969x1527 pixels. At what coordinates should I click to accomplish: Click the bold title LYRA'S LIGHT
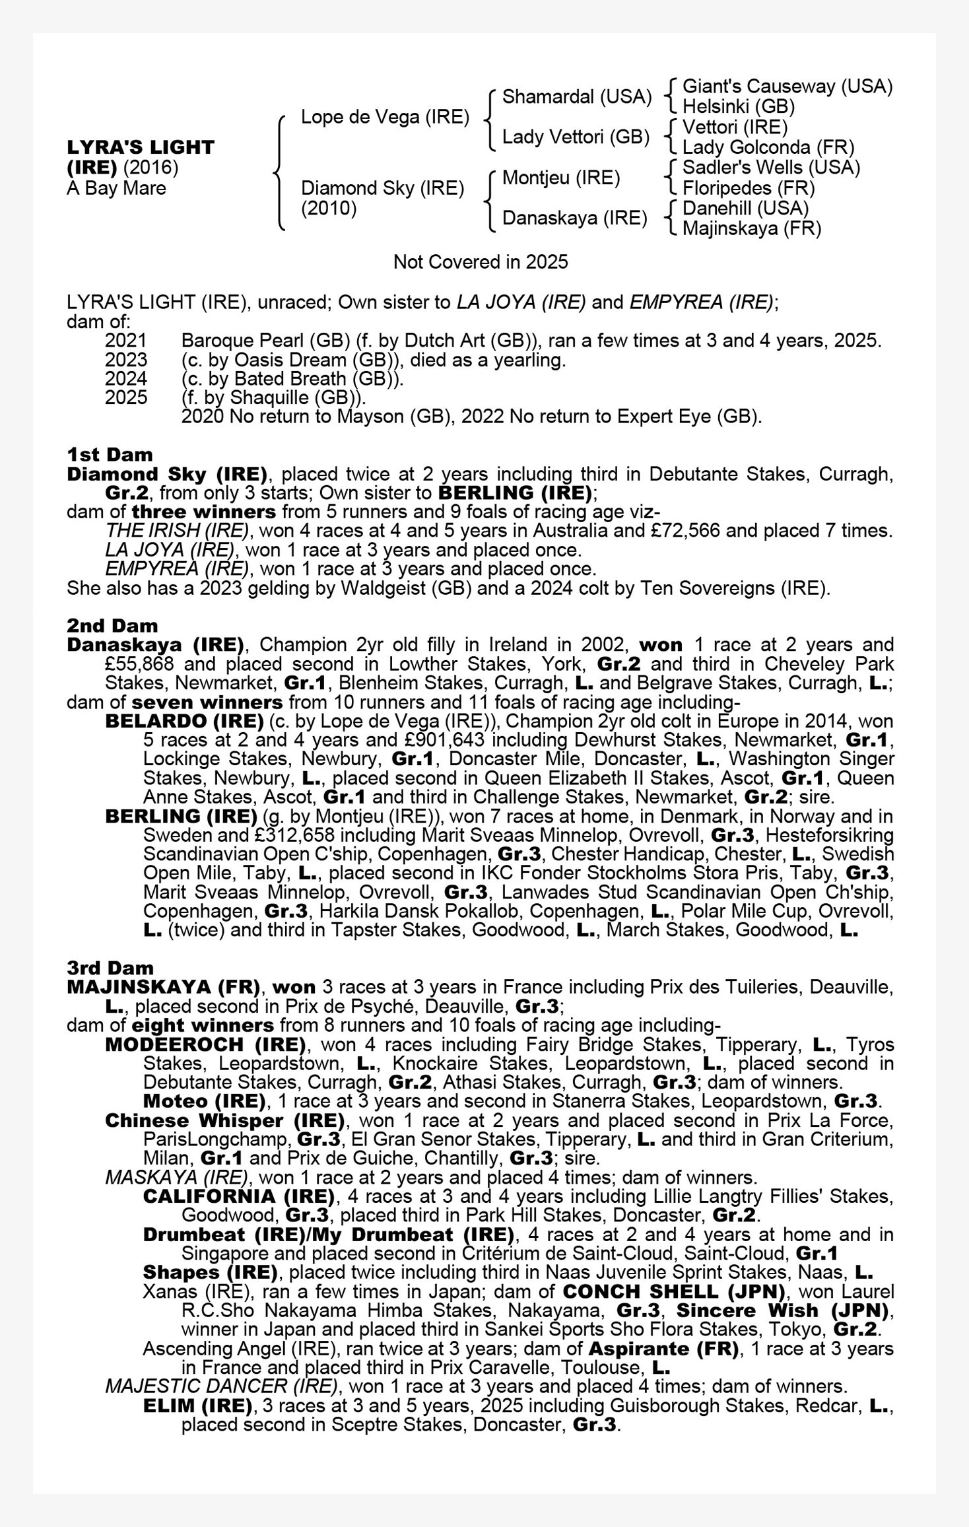141,147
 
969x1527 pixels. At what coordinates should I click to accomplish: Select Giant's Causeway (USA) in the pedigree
787,86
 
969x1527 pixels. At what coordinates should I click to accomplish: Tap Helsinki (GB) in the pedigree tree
738,106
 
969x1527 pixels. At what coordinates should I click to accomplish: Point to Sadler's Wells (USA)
771,168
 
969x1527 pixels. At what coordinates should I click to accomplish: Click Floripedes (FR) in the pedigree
749,188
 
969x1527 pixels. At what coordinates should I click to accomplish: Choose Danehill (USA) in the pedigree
745,208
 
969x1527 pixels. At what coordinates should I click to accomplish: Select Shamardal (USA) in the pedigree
577,96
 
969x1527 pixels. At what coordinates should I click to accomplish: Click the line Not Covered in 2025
481,262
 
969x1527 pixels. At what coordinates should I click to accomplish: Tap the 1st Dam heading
110,454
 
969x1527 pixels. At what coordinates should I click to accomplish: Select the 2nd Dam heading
112,625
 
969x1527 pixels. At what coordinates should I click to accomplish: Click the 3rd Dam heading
110,968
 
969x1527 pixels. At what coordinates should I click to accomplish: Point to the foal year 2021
125,341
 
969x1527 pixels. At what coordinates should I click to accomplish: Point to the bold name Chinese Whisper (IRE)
225,1120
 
